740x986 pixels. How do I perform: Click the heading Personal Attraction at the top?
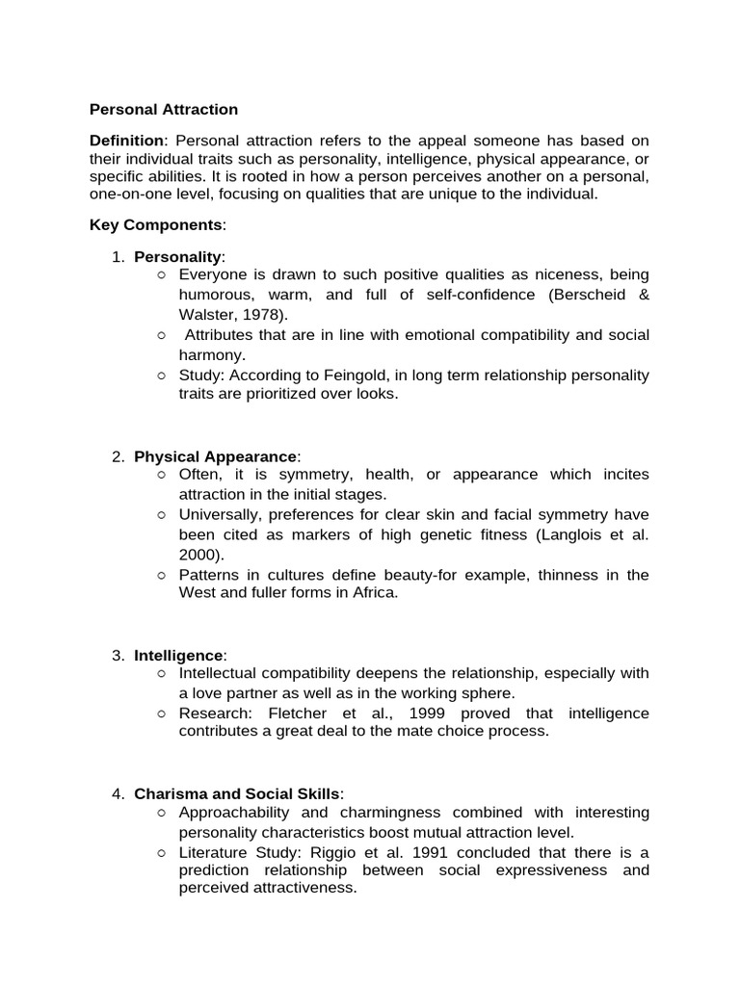tap(164, 110)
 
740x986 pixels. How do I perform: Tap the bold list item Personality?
tap(178, 256)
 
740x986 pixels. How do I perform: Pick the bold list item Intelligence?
tap(178, 656)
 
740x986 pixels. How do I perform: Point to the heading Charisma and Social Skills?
tap(237, 793)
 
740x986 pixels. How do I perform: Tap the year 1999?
tap(436, 713)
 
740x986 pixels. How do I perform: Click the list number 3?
tap(117, 656)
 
